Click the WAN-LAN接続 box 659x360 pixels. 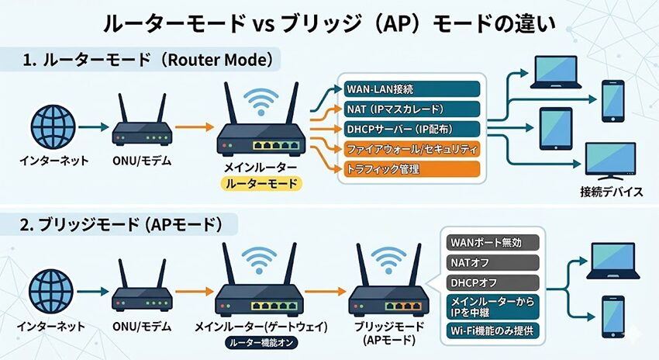412,89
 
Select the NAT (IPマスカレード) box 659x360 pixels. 412,109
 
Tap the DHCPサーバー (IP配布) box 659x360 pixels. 412,128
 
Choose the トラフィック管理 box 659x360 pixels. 412,168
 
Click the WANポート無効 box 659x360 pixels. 492,243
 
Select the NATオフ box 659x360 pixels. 492,263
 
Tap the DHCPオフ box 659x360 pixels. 492,282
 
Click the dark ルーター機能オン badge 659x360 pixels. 256,341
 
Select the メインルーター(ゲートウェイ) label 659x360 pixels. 256,325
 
